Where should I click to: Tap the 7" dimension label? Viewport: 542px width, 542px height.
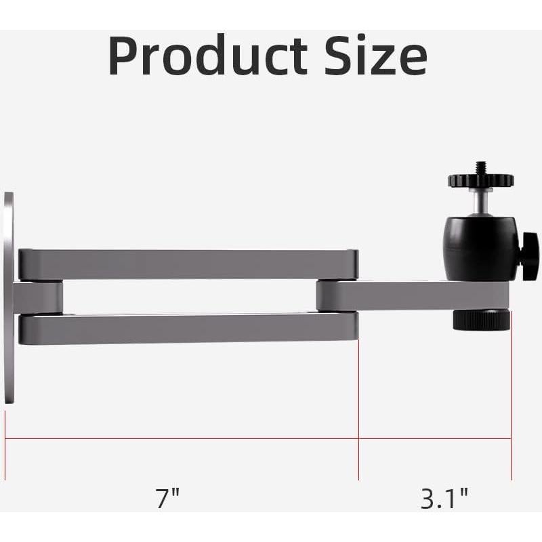(x=167, y=499)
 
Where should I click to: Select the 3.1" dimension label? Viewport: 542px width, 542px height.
(x=444, y=499)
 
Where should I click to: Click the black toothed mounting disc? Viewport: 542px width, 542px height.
(x=480, y=180)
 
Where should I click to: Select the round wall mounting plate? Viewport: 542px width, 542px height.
(x=8, y=298)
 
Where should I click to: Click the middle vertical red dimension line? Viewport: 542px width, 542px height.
(x=358, y=406)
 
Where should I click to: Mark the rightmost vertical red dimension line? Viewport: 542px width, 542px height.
(x=511, y=406)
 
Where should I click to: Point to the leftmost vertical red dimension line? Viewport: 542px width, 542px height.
(x=5, y=434)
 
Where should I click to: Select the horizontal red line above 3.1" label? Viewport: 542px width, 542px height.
(x=434, y=438)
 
